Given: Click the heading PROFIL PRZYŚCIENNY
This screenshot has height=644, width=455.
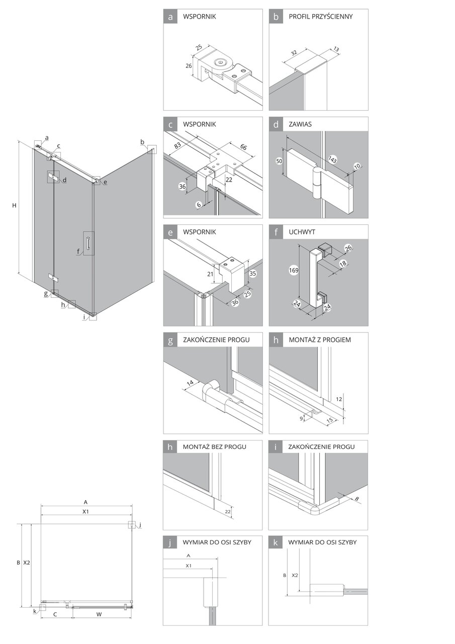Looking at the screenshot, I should pyautogui.click(x=320, y=17).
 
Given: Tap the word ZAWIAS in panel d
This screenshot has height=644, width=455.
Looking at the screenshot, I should pyautogui.click(x=300, y=124).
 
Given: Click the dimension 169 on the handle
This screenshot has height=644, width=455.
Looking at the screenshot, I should pyautogui.click(x=295, y=271).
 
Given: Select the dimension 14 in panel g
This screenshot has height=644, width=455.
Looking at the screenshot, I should pyautogui.click(x=191, y=383).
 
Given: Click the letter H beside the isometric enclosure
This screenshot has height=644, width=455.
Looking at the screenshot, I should pyautogui.click(x=15, y=205).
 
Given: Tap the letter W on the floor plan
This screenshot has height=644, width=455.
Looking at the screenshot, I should pyautogui.click(x=99, y=615).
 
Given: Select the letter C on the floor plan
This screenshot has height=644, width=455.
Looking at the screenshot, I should pyautogui.click(x=55, y=615).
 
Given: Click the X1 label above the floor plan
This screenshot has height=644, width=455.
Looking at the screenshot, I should pyautogui.click(x=86, y=511).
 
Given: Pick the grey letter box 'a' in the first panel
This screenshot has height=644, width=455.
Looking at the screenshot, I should pyautogui.click(x=171, y=17).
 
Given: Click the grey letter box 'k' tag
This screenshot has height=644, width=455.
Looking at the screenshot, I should pyautogui.click(x=276, y=543).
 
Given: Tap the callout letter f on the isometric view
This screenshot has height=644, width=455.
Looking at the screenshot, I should pyautogui.click(x=78, y=252).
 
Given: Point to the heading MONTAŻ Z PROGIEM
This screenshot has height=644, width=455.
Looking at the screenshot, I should pyautogui.click(x=320, y=340).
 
